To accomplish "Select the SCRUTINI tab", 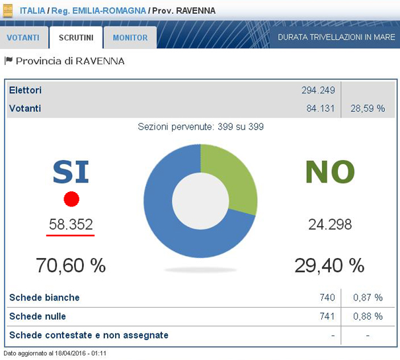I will coord(75,38).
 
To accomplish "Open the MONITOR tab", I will coord(130,38).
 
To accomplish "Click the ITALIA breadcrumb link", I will coord(32,11).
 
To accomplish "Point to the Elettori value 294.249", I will coord(318,90).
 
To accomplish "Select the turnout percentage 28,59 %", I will coord(368,109).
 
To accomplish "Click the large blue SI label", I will coord(71,172).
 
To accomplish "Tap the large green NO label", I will coord(330,172).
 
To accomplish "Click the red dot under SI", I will coord(71,199).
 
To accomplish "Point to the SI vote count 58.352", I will coord(71,224).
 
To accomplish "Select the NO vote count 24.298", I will coord(330,224).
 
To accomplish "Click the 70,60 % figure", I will coord(71,265).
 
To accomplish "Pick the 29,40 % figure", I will coord(329,265).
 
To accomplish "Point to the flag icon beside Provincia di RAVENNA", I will coord(9,61).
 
